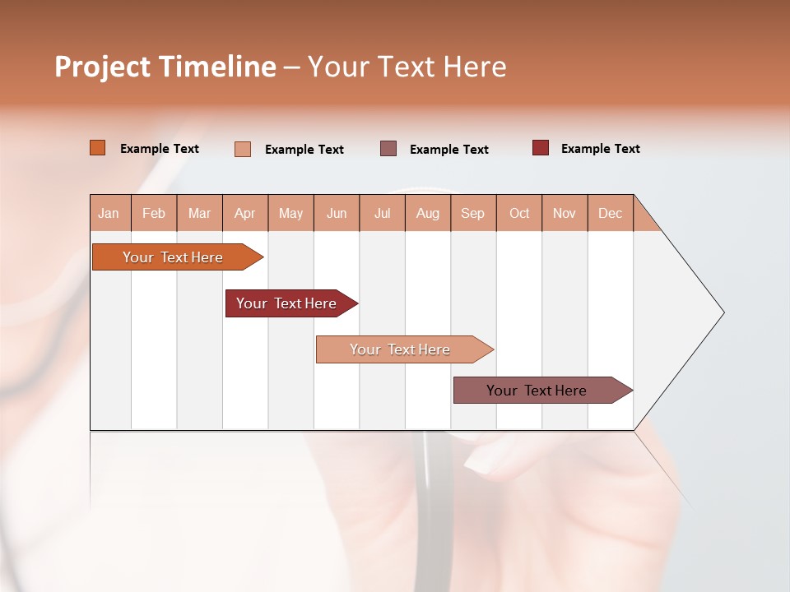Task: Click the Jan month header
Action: click(109, 213)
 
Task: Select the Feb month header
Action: click(154, 213)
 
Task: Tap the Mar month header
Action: click(199, 213)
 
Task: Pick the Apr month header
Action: click(245, 213)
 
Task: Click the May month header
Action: click(290, 213)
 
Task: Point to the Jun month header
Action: click(337, 213)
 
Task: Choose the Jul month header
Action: click(382, 213)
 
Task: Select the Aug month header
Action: click(428, 213)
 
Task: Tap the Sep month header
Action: click(473, 213)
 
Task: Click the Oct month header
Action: click(519, 213)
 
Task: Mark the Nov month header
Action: click(565, 213)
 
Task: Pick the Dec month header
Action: click(611, 213)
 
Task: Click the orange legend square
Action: click(98, 148)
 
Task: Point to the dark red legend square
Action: click(541, 148)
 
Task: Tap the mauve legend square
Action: click(388, 149)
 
